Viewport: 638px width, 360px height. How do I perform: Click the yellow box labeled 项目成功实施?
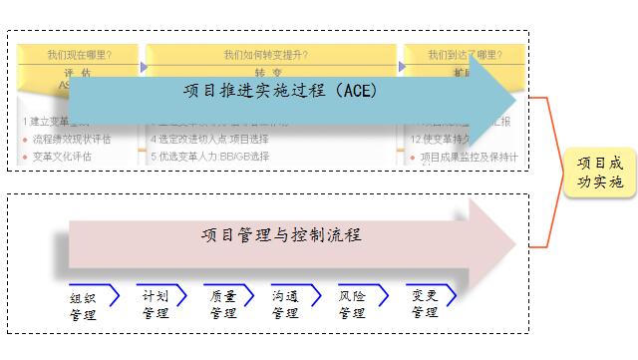600,172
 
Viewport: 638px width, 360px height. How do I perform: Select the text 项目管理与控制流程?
280,235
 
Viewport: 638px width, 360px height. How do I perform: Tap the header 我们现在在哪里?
79,56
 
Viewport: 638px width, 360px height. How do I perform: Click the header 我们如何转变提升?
268,56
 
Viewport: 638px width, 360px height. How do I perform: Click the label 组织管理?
83,306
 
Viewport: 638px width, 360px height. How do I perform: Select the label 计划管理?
156,304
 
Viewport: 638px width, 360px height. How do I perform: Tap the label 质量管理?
223,304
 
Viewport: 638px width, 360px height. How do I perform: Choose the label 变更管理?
423,304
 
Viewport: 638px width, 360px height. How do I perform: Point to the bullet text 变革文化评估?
62,157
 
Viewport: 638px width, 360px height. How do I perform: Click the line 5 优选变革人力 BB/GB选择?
210,157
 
